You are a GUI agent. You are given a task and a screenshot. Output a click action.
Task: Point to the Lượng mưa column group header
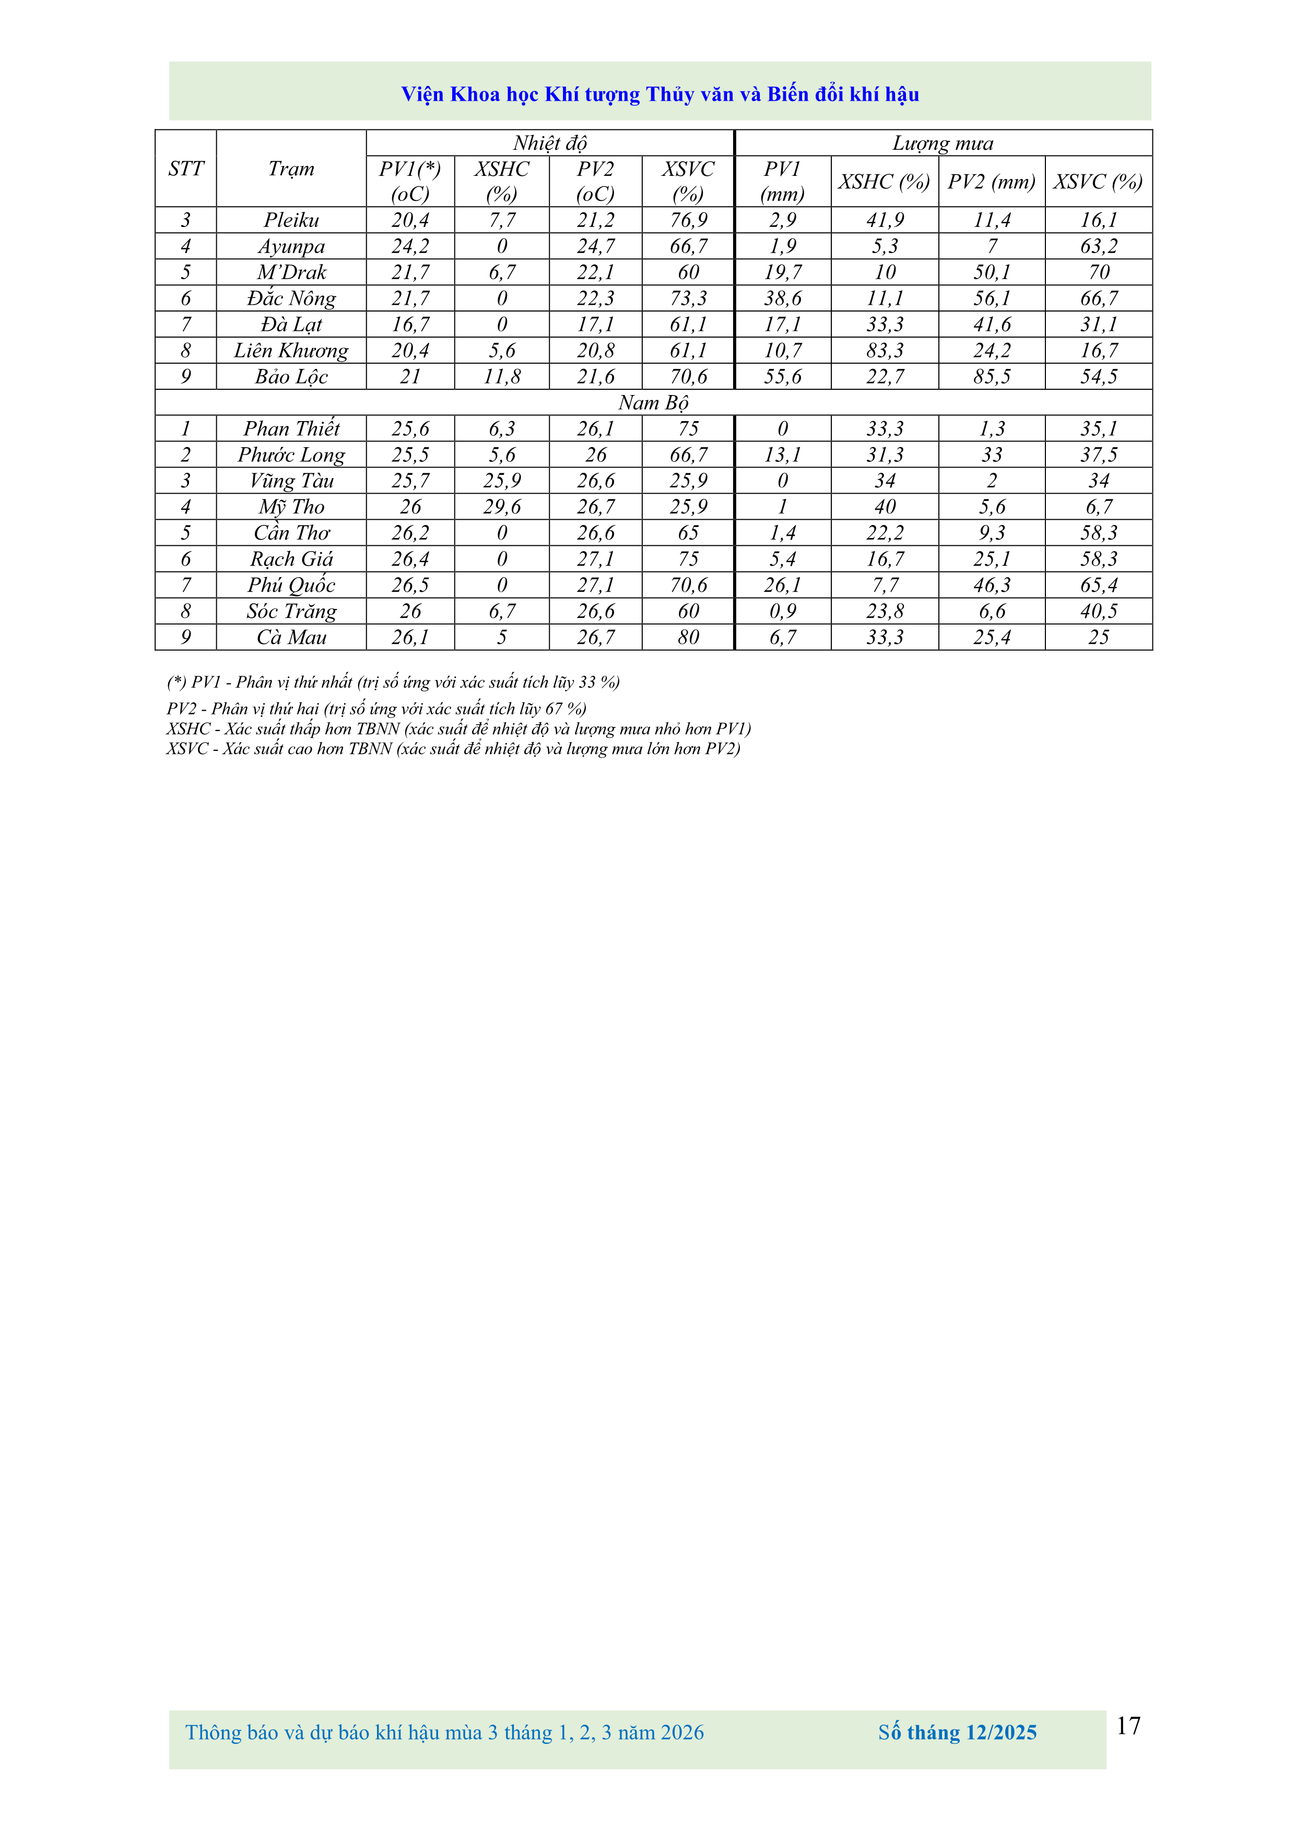(x=943, y=143)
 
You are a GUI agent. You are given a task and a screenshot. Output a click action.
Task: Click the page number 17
(x=1127, y=1726)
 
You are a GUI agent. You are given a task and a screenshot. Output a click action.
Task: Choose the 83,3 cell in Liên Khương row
(x=885, y=351)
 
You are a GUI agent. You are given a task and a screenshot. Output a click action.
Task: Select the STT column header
(x=186, y=169)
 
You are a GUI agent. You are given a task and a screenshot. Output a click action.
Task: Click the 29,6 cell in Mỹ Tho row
(x=502, y=507)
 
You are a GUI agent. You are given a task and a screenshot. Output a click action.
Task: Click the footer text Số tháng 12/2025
(x=957, y=1733)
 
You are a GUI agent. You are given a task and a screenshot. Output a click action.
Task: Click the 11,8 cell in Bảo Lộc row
(x=502, y=377)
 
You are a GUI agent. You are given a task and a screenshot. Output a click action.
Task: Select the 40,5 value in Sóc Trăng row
(x=1098, y=612)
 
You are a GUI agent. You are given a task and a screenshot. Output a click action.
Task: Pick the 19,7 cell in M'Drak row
(x=782, y=272)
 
